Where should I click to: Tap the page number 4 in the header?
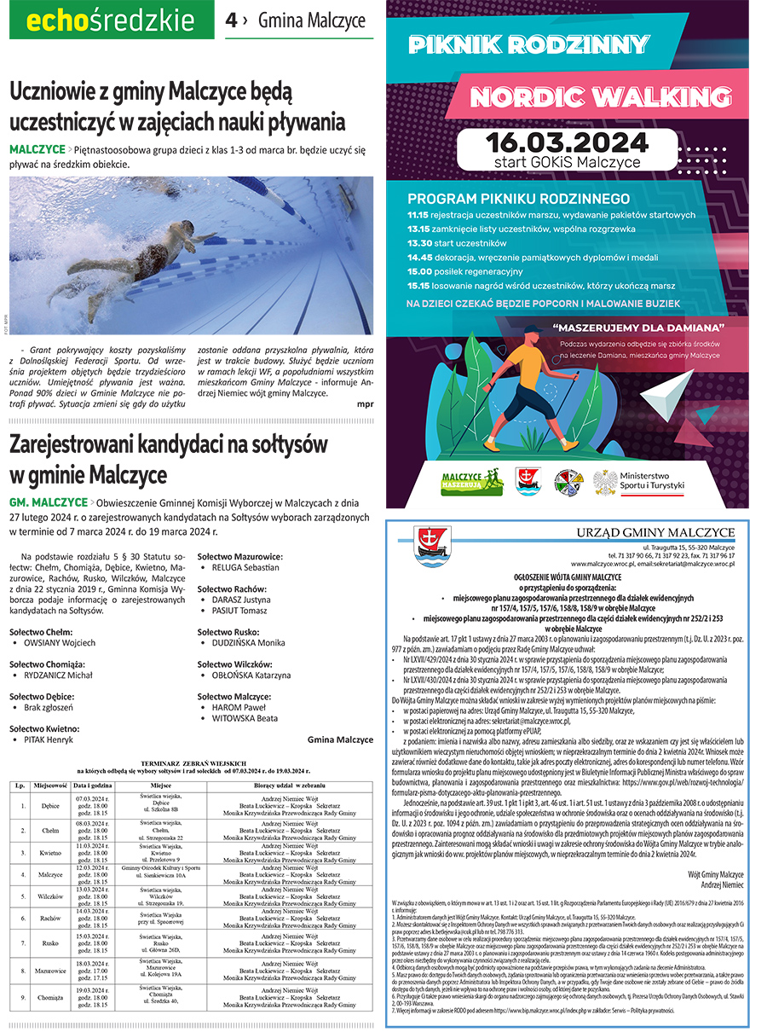(x=232, y=20)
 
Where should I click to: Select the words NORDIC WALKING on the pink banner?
(x=584, y=97)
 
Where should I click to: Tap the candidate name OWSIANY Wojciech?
(x=60, y=618)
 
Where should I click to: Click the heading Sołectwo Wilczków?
(x=234, y=664)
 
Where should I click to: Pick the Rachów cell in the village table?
(x=50, y=919)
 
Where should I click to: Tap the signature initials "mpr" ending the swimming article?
(x=365, y=404)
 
